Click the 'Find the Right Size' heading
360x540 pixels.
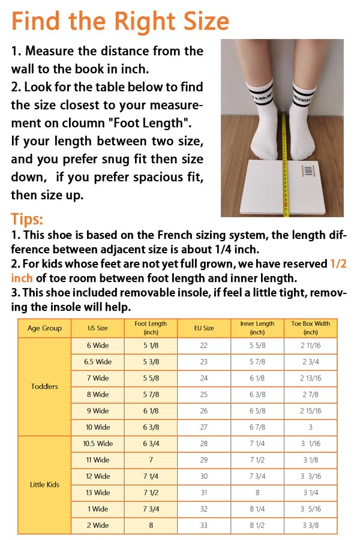point(120,21)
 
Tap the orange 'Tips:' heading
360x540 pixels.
point(27,219)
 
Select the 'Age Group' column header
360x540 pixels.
point(44,328)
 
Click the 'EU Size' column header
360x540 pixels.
point(204,328)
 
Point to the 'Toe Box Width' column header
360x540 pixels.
point(310,328)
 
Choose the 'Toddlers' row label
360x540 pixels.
point(44,386)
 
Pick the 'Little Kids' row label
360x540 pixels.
point(44,484)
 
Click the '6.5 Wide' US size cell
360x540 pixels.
point(98,362)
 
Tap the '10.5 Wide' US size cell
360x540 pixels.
point(98,443)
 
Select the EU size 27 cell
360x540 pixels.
point(204,427)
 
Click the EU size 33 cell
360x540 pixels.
point(204,525)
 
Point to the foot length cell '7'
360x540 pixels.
point(151,460)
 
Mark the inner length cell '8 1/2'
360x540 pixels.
point(257,525)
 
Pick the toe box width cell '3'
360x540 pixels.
point(310,427)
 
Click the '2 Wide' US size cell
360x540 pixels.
point(98,525)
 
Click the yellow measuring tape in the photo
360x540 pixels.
point(284,150)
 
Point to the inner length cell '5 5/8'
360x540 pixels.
point(257,346)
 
